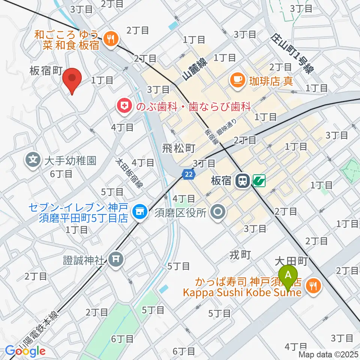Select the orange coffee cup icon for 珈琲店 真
(x=237, y=79)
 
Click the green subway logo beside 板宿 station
(x=259, y=181)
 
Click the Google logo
(x=25, y=351)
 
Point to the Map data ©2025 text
(x=328, y=354)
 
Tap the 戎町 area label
(x=240, y=255)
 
